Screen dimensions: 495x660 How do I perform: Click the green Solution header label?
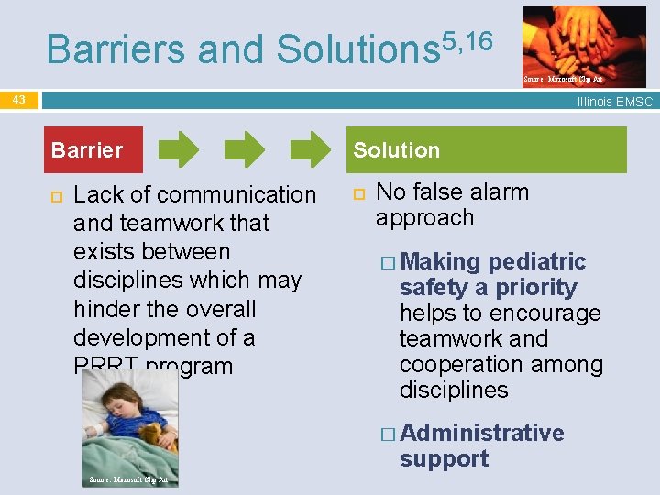396,150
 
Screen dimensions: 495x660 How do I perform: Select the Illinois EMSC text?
614,102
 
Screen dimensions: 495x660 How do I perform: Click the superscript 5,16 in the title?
467,41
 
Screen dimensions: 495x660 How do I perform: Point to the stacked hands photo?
583,41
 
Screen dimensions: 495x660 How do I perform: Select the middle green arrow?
245,149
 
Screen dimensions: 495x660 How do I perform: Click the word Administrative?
482,433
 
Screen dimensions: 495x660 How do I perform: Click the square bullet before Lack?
55,195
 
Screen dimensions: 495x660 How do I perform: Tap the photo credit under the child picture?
127,479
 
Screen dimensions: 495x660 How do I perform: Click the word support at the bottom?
444,458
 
